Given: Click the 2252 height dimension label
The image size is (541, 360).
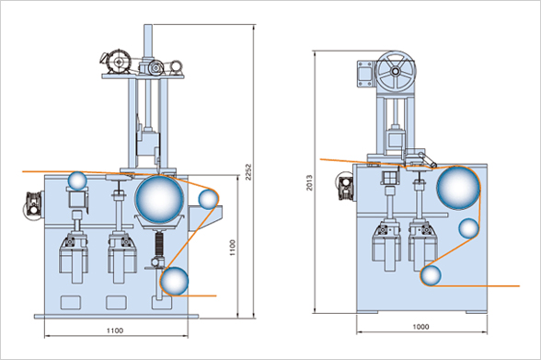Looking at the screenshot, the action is click(249, 172).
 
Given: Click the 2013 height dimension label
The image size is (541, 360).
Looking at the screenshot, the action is click(309, 182).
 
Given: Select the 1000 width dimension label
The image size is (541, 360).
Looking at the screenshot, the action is click(421, 327).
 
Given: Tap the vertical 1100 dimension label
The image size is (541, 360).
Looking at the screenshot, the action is click(233, 248).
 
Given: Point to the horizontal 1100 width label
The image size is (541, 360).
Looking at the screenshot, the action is click(114, 331).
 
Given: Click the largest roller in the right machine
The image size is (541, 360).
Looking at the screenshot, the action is click(458, 188).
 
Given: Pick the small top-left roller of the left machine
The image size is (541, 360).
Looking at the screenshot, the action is click(77, 180).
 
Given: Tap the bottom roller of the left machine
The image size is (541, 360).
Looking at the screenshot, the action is click(174, 281).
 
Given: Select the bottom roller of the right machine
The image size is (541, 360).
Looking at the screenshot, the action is click(431, 276).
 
